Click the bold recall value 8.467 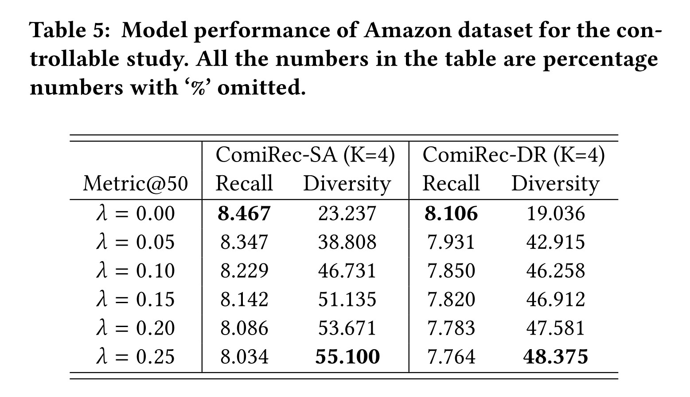click(244, 213)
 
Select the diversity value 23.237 click(347, 213)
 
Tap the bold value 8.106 click(451, 213)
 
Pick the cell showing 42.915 click(555, 242)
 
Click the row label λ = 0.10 click(135, 271)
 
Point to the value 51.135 click(347, 299)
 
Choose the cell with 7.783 click(451, 328)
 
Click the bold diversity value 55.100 click(347, 357)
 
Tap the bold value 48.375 click(556, 357)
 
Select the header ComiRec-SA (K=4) click(305, 155)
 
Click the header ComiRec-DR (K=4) click(513, 155)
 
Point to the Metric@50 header click(135, 184)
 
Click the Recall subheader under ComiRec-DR click(451, 183)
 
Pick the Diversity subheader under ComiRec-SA click(347, 184)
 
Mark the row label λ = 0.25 click(135, 357)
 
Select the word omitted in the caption click(261, 88)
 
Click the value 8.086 click(244, 328)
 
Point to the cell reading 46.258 click(555, 271)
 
